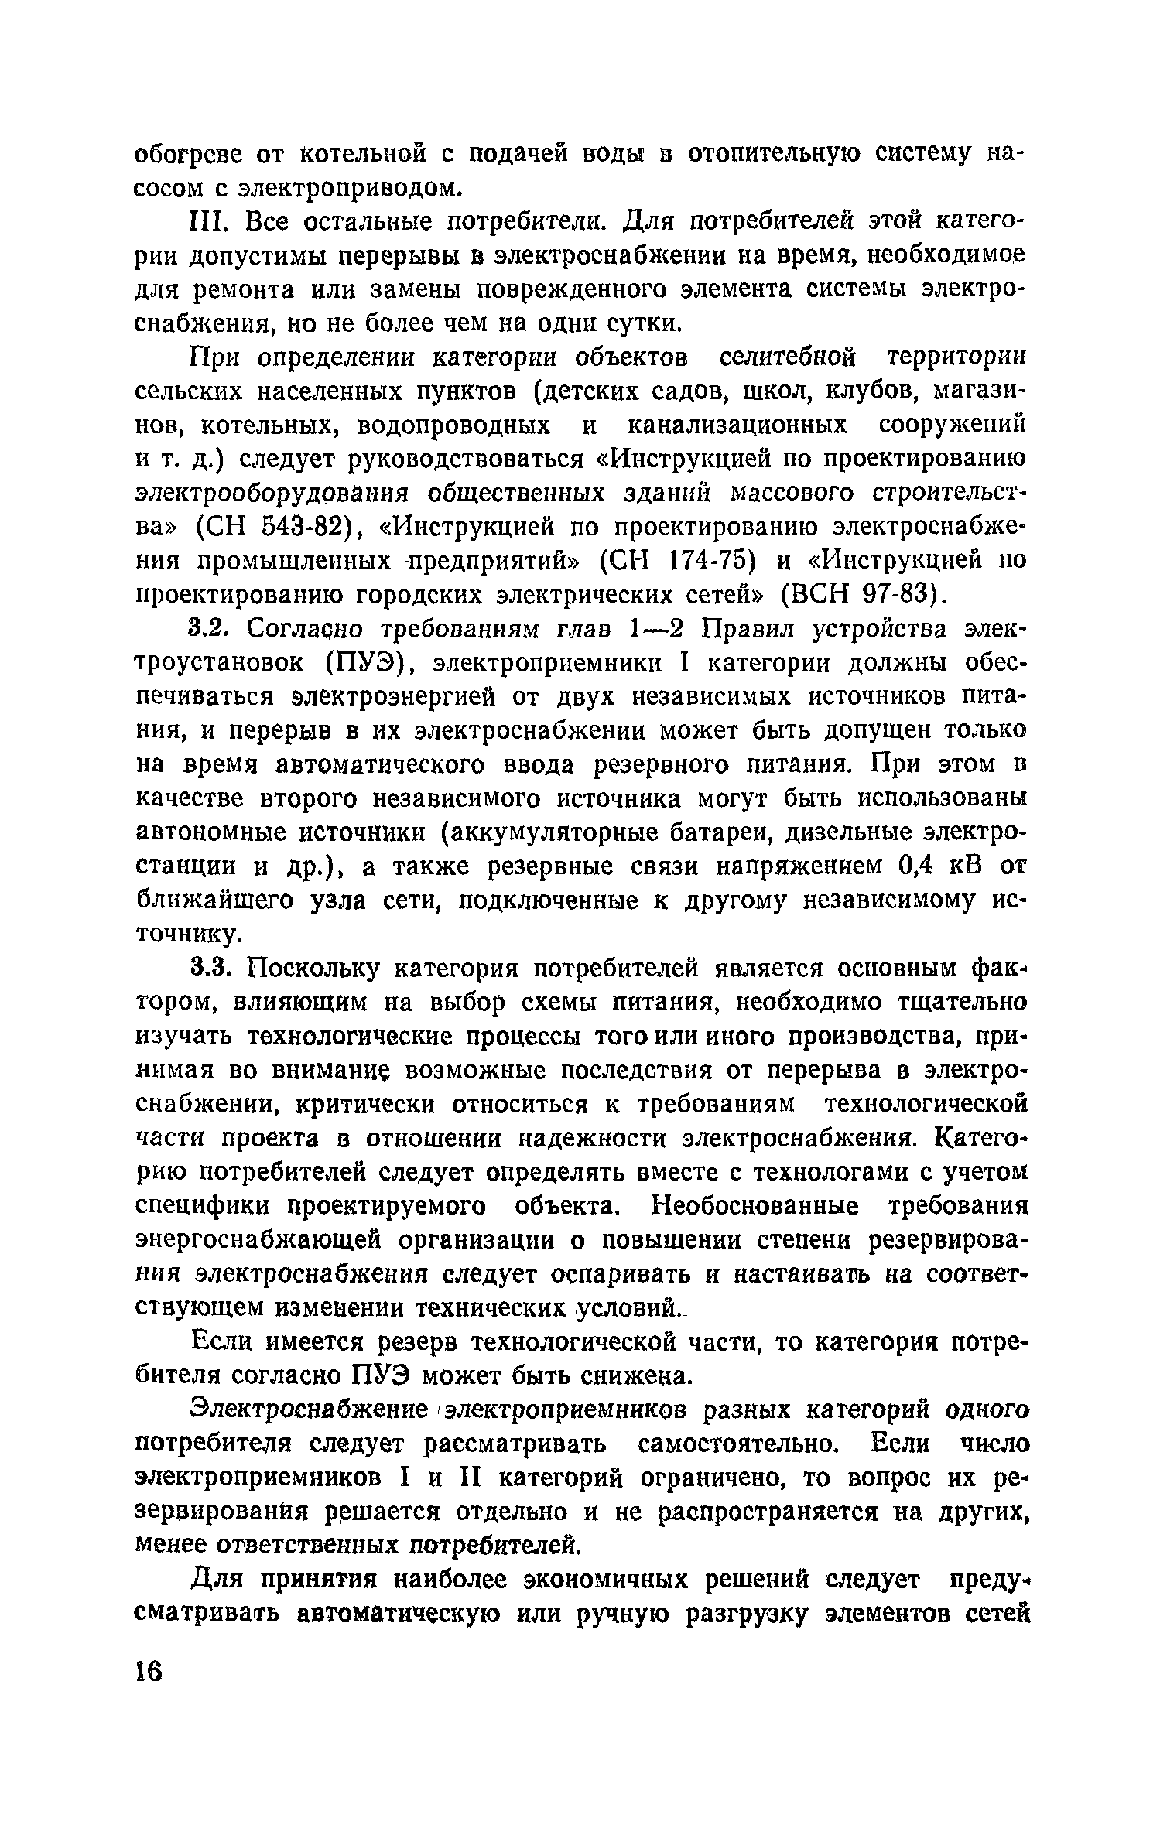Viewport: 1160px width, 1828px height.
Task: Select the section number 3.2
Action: point(207,630)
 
